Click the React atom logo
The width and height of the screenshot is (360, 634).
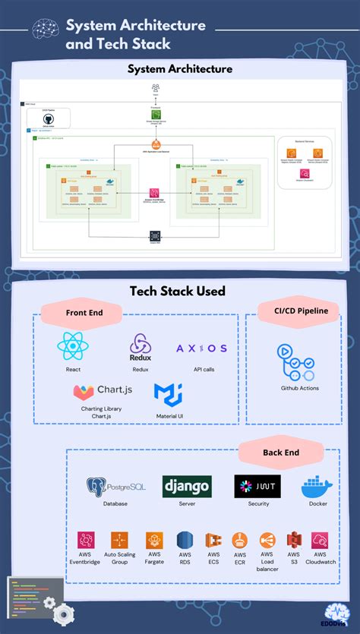[x=74, y=348]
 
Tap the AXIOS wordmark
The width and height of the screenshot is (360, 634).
[x=201, y=349]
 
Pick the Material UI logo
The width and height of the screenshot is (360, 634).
[x=168, y=393]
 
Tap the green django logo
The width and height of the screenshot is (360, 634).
[x=186, y=486]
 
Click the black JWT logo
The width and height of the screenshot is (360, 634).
[x=257, y=486]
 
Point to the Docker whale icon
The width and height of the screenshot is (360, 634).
[x=318, y=486]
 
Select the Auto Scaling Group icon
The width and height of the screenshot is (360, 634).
[x=119, y=540]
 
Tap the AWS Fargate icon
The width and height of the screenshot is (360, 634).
[x=154, y=540]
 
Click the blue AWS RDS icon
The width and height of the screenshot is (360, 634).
[x=185, y=540]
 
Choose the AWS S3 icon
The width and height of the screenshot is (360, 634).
[x=294, y=540]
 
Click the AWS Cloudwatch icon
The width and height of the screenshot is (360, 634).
[x=320, y=540]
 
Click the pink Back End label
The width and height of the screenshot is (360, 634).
[x=280, y=453]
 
